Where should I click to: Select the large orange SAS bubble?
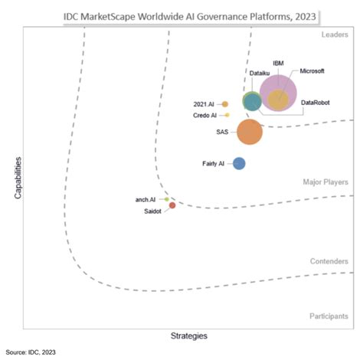coord(250,132)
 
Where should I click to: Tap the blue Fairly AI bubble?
coord(239,163)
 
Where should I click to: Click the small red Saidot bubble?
coord(172,205)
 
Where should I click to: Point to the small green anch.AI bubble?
coord(167,199)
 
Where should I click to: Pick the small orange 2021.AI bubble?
coord(224,104)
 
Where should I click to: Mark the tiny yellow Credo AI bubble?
coord(227,116)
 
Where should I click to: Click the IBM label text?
coord(280,62)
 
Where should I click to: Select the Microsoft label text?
coord(311,71)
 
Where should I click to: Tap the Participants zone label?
coord(329,316)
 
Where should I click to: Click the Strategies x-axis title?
coord(188,335)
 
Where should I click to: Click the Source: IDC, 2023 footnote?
coord(31,352)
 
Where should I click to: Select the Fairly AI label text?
coord(213,163)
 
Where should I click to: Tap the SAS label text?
coord(223,132)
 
